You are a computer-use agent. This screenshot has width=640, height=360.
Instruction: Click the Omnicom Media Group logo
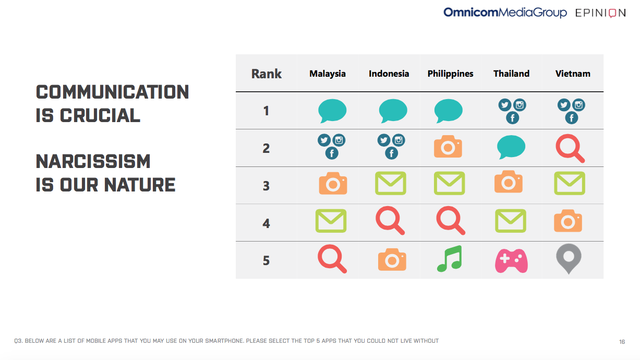tap(505, 13)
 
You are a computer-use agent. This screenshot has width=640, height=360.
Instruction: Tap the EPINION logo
tap(600, 13)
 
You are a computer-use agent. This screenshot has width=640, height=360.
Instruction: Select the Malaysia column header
tap(328, 74)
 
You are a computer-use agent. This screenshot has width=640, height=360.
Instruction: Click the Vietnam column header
tap(573, 74)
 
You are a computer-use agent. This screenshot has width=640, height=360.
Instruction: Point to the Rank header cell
tap(267, 74)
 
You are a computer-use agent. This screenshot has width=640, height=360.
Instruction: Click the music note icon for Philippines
tap(450, 259)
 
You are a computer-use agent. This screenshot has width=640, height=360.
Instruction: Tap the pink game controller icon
tap(511, 261)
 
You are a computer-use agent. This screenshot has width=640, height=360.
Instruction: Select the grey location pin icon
tap(569, 259)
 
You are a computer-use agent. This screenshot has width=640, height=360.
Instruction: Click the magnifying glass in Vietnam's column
tap(570, 148)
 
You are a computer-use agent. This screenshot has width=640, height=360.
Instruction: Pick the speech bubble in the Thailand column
tap(511, 147)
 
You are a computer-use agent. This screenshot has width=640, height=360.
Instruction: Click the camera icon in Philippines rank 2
tap(448, 146)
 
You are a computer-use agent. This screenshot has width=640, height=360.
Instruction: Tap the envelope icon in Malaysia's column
tap(331, 221)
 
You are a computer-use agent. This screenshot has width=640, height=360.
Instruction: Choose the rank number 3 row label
tap(266, 186)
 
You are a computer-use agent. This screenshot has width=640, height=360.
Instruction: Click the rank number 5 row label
tap(266, 260)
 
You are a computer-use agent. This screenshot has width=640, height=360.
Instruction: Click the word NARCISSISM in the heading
tap(93, 161)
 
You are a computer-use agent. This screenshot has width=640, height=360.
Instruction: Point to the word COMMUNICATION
tap(112, 92)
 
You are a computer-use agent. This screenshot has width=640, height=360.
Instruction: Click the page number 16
tap(622, 342)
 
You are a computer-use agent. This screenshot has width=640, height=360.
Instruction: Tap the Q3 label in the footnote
tap(19, 341)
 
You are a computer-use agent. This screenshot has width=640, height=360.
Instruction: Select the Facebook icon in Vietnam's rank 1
tap(572, 118)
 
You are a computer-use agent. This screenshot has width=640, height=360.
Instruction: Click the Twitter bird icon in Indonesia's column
tap(384, 140)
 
